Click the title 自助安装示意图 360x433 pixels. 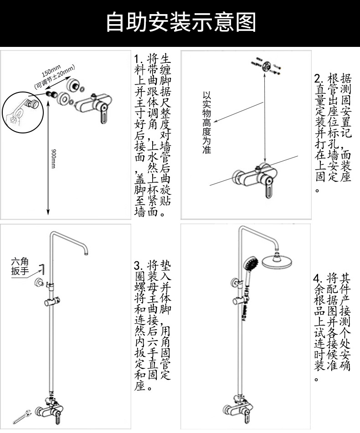(180, 22)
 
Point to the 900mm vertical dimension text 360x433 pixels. (53, 159)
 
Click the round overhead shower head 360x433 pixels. (279, 262)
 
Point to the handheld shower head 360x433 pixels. (250, 264)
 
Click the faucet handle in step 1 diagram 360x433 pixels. (104, 116)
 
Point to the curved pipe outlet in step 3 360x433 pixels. (85, 250)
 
